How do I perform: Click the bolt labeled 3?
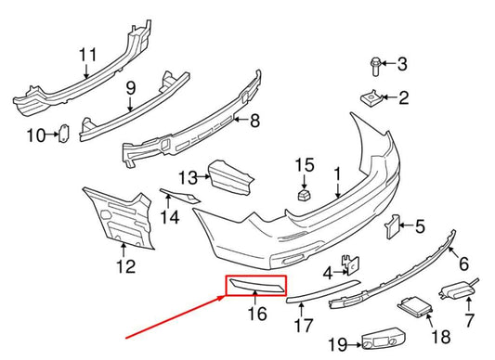[x=375, y=67]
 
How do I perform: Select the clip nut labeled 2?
[x=371, y=98]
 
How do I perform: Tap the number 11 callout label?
[x=87, y=55]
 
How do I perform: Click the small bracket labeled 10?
[x=64, y=135]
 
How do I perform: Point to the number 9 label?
[x=131, y=88]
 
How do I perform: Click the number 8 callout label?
[x=254, y=121]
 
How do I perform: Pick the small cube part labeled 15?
[x=304, y=194]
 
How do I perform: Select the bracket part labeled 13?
[x=230, y=177]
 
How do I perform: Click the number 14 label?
[x=170, y=217]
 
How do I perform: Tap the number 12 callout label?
[x=126, y=266]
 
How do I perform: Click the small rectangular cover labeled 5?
[x=392, y=226]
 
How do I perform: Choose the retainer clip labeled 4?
[x=350, y=265]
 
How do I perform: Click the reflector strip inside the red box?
[x=258, y=284]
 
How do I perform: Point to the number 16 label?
[x=257, y=314]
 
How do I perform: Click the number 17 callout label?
[x=304, y=326]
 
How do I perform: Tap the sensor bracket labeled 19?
[x=384, y=341]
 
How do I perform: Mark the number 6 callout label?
[x=463, y=264]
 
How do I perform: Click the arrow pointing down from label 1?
[x=338, y=189]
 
